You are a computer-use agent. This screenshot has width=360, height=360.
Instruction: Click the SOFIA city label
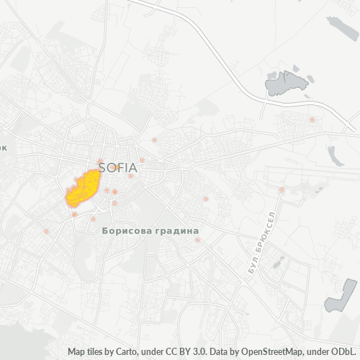tap(118, 167)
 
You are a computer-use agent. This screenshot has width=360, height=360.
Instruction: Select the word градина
tap(175, 231)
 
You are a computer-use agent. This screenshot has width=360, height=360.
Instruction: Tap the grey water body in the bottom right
tap(338, 296)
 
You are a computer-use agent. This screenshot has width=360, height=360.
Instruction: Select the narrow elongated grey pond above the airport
tap(334, 156)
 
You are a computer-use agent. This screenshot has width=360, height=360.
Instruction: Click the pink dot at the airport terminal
tap(282, 190)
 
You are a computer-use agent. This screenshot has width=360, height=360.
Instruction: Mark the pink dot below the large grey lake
tap(312, 120)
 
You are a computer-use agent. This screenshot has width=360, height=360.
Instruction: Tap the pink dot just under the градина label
tap(197, 240)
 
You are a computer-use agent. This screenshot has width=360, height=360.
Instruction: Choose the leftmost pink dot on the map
tap(47, 231)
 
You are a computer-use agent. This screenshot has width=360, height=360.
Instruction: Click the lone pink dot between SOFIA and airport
tap(206, 199)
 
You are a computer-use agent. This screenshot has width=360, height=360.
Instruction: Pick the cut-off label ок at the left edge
tap(3, 147)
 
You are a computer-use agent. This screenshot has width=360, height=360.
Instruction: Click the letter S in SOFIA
tap(102, 167)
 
